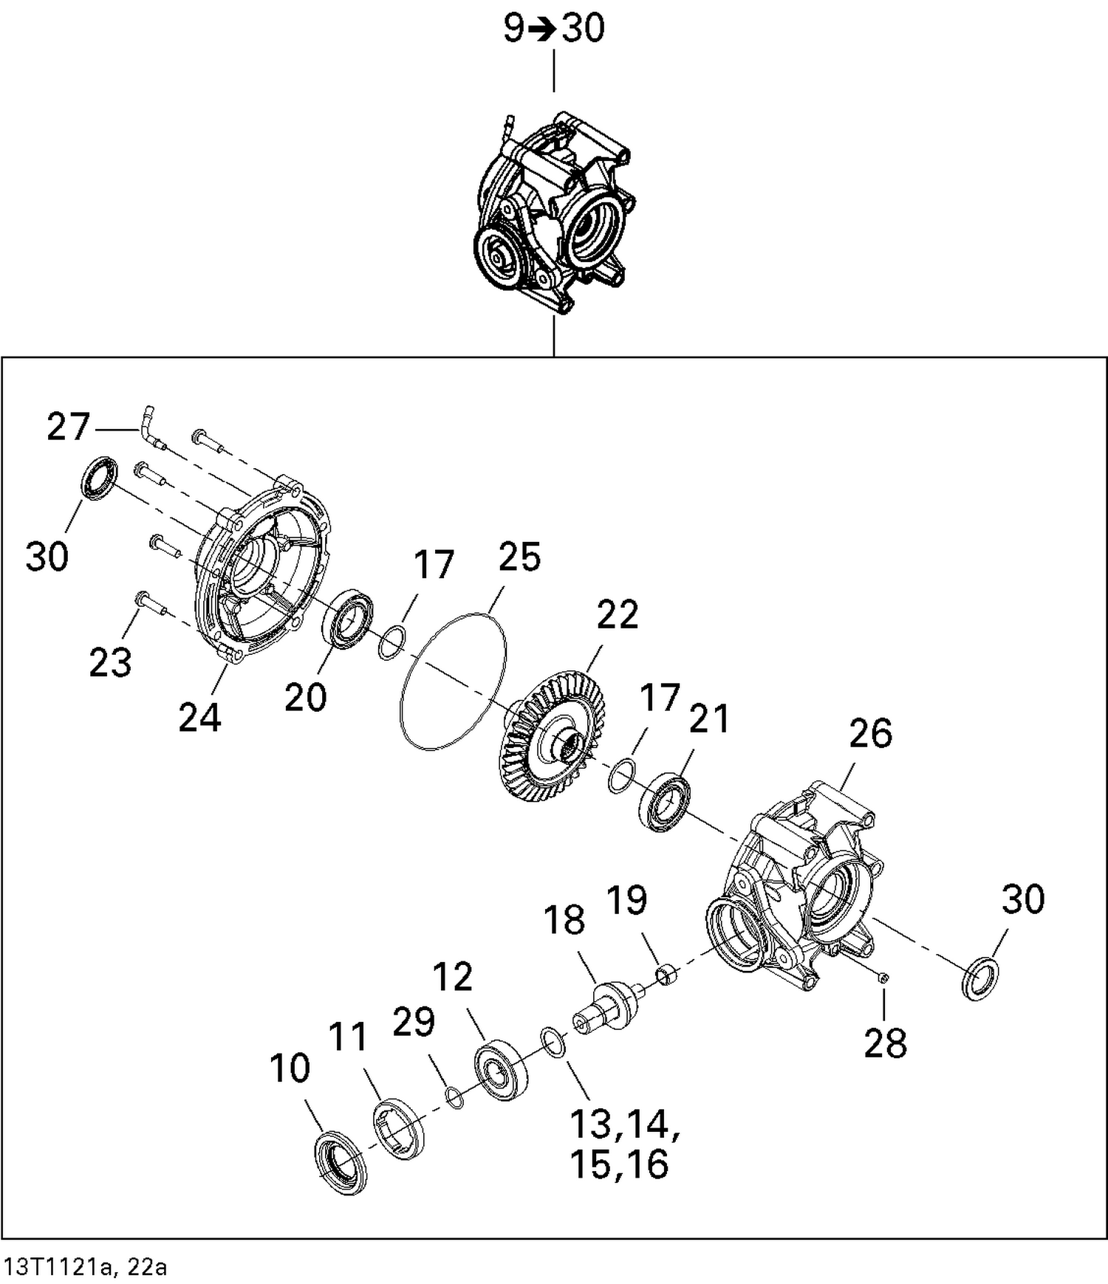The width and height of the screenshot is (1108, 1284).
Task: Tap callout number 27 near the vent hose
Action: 68,428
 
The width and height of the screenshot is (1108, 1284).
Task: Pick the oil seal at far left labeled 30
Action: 98,478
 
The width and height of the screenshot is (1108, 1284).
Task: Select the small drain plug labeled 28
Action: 884,978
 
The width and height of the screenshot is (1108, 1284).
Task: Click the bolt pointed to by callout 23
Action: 151,603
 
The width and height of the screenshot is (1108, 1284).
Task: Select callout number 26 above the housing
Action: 870,733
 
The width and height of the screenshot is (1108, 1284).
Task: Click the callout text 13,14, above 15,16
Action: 624,1123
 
